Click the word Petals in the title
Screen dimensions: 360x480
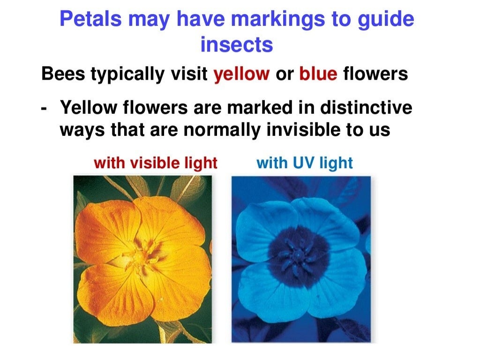point(90,20)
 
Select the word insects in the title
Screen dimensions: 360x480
point(236,45)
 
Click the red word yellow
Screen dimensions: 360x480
point(242,75)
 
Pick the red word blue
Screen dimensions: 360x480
point(318,75)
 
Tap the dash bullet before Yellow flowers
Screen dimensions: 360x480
point(44,109)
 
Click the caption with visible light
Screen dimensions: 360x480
point(156,163)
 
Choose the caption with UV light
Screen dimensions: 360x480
point(305,163)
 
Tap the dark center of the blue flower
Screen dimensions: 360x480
point(299,256)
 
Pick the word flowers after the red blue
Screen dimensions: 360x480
point(375,75)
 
